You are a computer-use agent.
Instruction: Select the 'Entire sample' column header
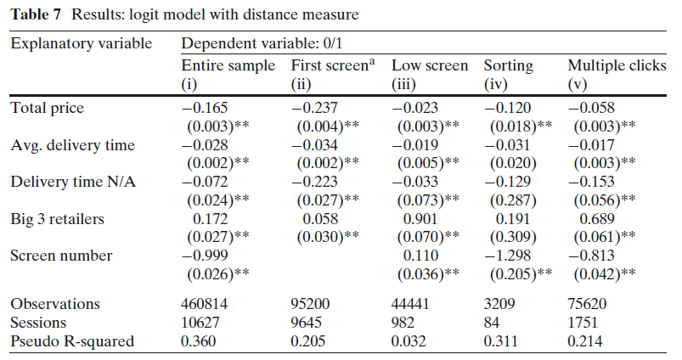coord(228,65)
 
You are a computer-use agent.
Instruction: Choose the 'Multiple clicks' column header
coord(617,65)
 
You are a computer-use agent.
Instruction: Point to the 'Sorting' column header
coord(508,65)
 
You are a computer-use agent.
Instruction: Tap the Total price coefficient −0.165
coord(205,107)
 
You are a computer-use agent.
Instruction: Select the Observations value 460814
coord(206,303)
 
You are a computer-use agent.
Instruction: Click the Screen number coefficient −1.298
coord(506,255)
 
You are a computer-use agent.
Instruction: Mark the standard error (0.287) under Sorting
coord(507,200)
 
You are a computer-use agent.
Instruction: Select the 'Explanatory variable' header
coord(81,43)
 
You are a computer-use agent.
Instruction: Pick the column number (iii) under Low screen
coord(404,83)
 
